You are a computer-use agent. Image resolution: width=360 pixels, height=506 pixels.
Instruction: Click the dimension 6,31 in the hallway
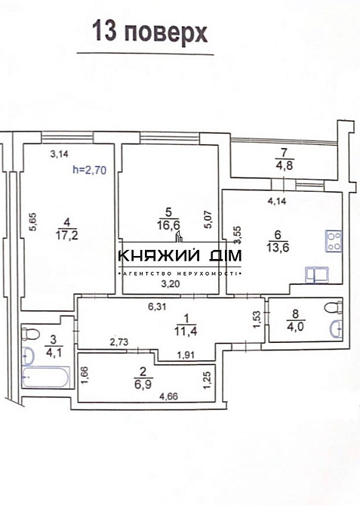[155, 306]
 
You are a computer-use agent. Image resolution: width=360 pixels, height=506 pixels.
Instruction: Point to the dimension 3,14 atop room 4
[59, 155]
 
